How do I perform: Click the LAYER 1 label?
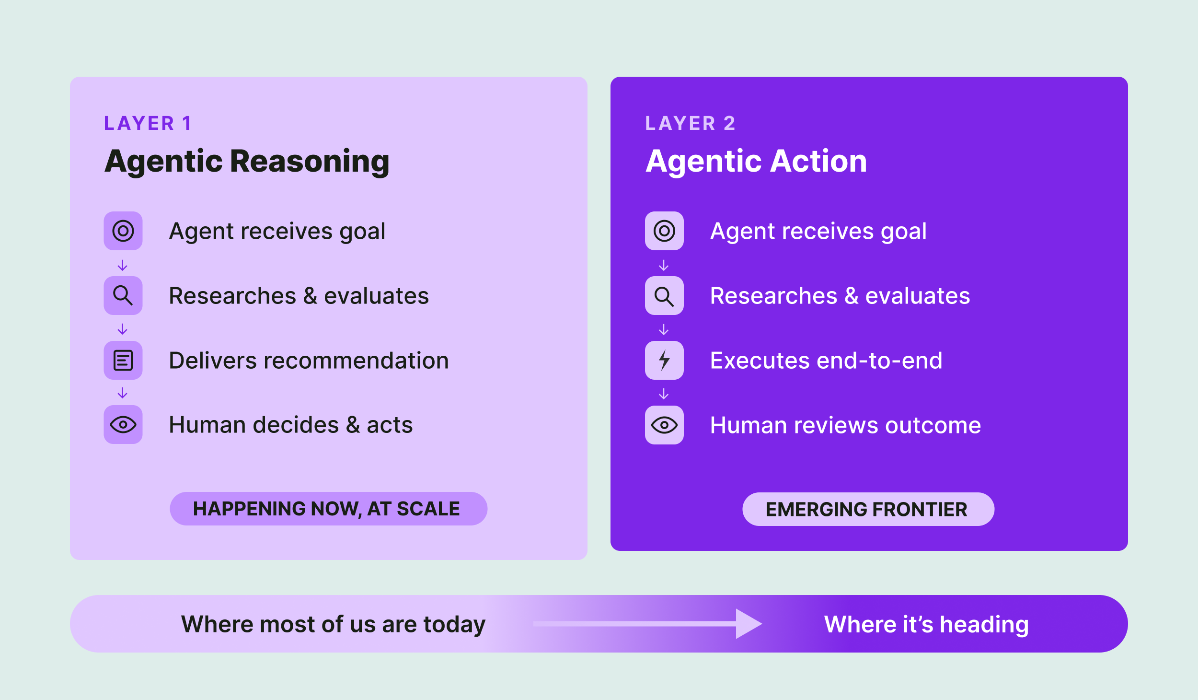[148, 123]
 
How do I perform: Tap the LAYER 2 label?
[690, 123]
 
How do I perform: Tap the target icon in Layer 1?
[123, 231]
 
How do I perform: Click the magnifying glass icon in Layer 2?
[664, 296]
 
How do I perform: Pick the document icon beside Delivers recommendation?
[123, 360]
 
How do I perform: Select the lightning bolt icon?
[664, 360]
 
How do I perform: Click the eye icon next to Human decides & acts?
[123, 425]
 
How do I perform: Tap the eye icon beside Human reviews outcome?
[664, 425]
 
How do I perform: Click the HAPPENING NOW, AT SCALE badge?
[328, 509]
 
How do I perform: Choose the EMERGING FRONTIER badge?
[868, 509]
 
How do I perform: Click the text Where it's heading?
[926, 624]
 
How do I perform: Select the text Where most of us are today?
[333, 624]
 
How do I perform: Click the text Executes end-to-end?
[826, 361]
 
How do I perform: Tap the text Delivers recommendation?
[309, 361]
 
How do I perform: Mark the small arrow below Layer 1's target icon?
[123, 265]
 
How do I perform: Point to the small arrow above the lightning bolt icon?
[664, 329]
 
